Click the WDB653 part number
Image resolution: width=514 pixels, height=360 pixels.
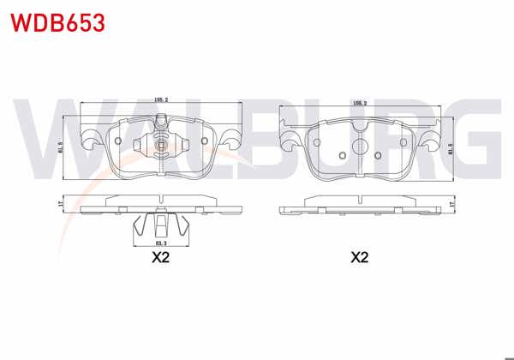(57, 22)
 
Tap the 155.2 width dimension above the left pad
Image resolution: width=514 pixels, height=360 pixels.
(160, 100)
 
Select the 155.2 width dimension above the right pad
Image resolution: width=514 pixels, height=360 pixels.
(360, 103)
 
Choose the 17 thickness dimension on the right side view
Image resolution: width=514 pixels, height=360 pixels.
(451, 206)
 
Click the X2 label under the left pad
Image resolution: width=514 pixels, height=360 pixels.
(160, 257)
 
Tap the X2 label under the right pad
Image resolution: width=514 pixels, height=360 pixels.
(359, 257)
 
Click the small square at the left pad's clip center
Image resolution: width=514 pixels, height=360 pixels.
(161, 145)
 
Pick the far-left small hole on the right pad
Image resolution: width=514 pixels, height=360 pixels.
(342, 155)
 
